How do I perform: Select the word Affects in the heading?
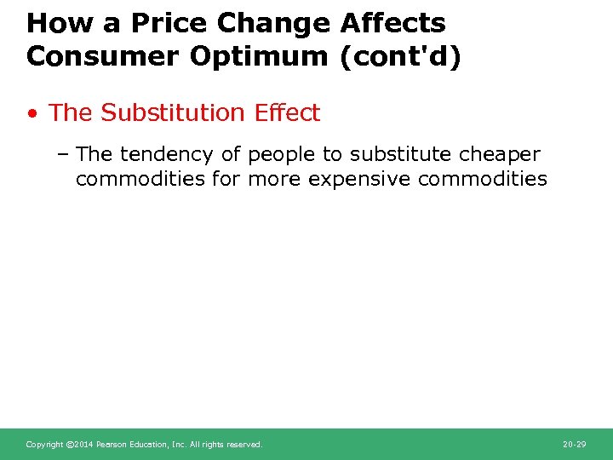click(392, 23)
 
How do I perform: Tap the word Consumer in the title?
click(93, 56)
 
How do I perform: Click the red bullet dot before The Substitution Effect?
click(32, 113)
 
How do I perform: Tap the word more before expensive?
click(275, 179)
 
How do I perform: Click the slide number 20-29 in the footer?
click(574, 445)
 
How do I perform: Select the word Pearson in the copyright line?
click(112, 445)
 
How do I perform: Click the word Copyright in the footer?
click(44, 445)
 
